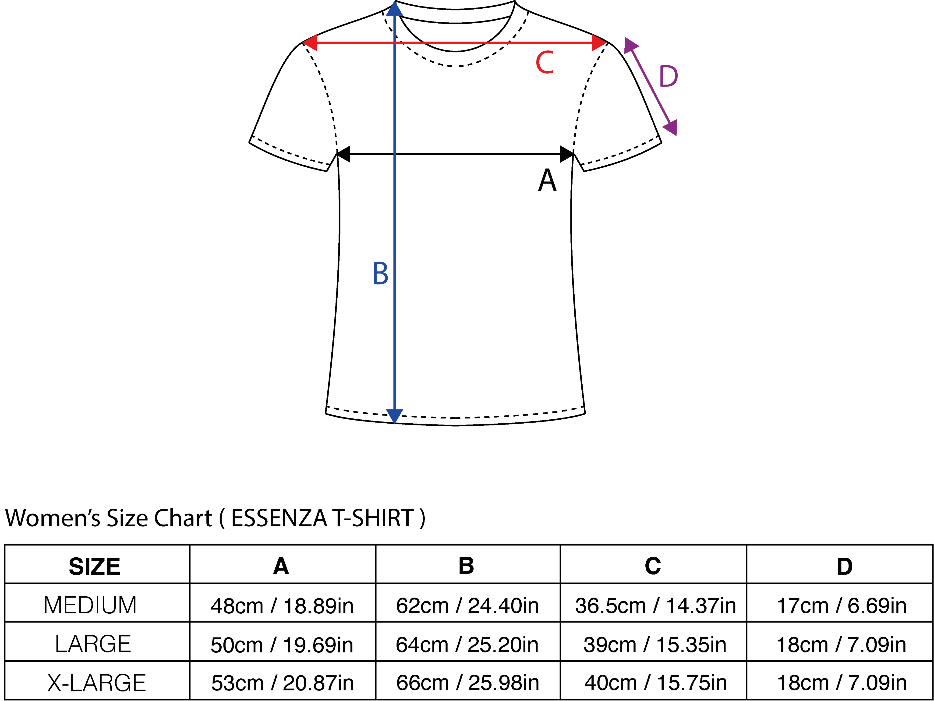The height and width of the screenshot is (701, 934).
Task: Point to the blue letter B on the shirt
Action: click(x=380, y=274)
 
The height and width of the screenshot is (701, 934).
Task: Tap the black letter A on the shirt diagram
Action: click(x=547, y=180)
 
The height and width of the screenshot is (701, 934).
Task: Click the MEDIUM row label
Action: click(x=90, y=605)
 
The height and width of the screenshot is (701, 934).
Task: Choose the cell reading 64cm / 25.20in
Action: click(x=467, y=645)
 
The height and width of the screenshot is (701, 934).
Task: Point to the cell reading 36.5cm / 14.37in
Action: click(x=655, y=605)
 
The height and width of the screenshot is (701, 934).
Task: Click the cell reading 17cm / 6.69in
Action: click(x=842, y=605)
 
